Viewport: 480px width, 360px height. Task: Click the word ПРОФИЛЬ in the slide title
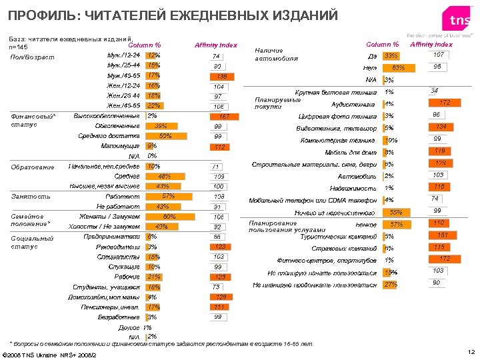(x=42, y=15)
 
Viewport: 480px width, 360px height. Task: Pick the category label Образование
(x=33, y=167)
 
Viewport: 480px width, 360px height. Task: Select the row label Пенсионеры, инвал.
(x=118, y=307)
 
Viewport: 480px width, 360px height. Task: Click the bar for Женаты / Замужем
(x=163, y=217)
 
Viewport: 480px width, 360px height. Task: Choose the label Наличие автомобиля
(x=270, y=54)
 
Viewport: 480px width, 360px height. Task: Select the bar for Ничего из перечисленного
(x=399, y=212)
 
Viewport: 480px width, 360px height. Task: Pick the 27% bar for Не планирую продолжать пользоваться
(x=391, y=285)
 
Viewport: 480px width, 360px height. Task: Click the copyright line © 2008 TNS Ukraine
(x=50, y=354)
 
